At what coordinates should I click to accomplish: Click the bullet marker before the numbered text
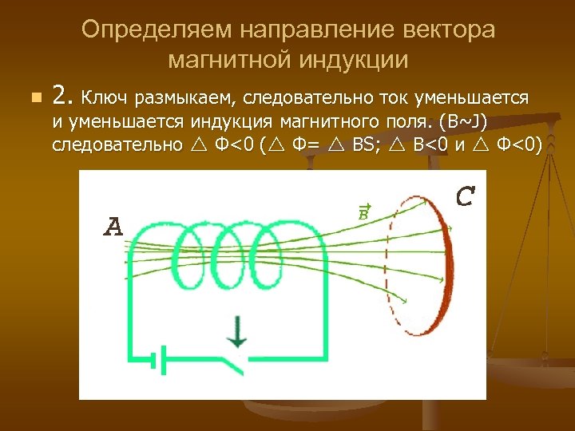[x=33, y=98]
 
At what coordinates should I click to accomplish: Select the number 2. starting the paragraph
[x=62, y=97]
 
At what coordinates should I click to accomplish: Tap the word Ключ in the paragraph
[x=105, y=97]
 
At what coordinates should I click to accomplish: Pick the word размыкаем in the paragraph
[x=184, y=98]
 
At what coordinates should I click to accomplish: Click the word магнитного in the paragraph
[x=377, y=122]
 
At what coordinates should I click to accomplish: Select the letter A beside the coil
[x=114, y=228]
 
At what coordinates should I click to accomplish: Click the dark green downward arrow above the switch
[x=236, y=331]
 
